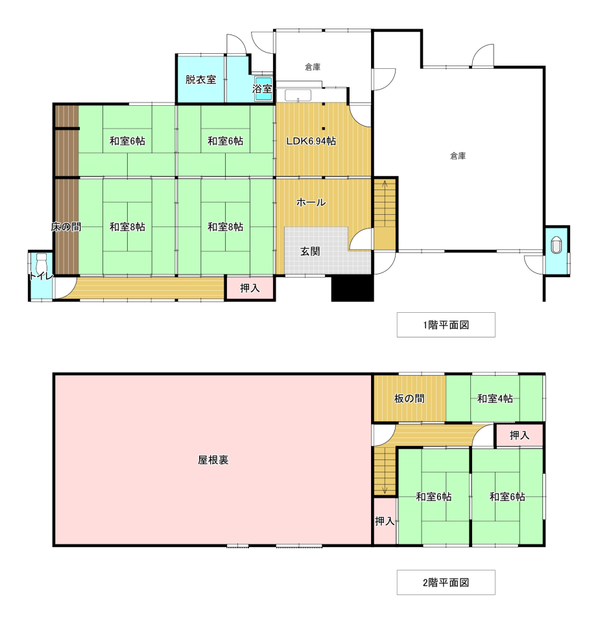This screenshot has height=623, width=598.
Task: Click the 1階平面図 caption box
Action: click(x=446, y=324)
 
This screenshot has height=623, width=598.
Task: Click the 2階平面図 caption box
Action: click(x=446, y=583)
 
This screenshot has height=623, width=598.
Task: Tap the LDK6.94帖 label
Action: click(x=311, y=141)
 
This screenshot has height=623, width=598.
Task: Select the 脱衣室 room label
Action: click(x=200, y=79)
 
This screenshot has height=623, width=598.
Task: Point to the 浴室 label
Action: click(x=262, y=89)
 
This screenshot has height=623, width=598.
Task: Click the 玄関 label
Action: click(x=310, y=251)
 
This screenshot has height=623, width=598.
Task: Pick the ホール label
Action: click(x=311, y=202)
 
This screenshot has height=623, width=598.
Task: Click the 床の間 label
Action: click(x=66, y=227)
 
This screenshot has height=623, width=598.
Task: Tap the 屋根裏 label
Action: click(x=213, y=460)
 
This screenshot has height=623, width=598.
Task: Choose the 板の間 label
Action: click(x=409, y=398)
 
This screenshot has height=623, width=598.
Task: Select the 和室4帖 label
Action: click(x=495, y=398)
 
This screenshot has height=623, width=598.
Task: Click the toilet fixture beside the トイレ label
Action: click(x=42, y=263)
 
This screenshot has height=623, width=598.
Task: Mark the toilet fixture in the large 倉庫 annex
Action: click(x=556, y=245)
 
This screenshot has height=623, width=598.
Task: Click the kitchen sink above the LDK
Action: click(x=298, y=96)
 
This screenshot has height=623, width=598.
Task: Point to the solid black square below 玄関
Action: click(x=352, y=287)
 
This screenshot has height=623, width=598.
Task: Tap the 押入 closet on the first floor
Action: click(x=250, y=288)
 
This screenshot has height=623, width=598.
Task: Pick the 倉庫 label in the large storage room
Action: click(x=458, y=156)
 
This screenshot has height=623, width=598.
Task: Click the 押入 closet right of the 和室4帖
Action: click(x=519, y=435)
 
